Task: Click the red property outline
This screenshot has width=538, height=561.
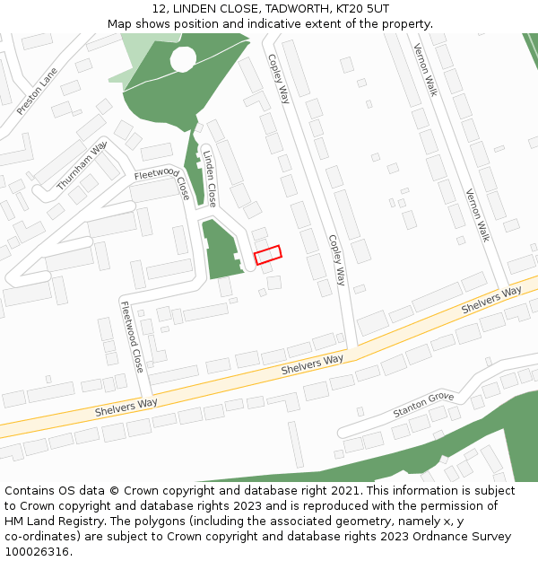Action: point(267,255)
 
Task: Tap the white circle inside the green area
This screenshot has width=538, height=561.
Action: point(183,60)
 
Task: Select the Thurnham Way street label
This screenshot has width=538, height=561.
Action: point(82,165)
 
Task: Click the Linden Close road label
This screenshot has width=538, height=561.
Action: point(209,179)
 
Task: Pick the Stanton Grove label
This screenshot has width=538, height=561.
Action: point(423,405)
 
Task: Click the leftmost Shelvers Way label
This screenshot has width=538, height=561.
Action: point(126,408)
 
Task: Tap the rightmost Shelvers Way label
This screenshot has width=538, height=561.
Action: point(491,300)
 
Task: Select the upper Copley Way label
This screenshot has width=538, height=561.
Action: point(278,77)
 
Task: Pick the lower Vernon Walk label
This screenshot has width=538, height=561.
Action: point(477,215)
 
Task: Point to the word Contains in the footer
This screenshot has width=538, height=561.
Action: point(33,491)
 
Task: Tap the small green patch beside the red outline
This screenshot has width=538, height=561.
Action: point(220,250)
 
